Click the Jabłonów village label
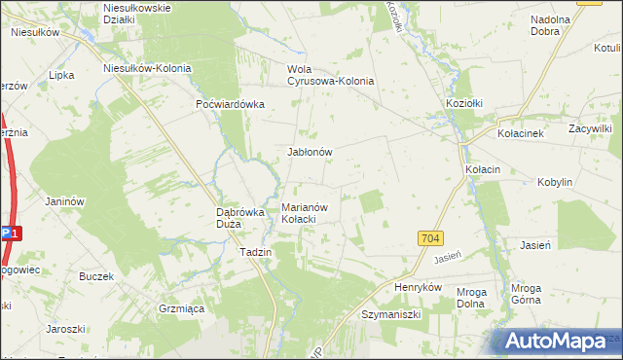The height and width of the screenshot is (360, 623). pyautogui.click(x=311, y=153)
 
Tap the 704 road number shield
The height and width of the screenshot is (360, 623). pyautogui.click(x=430, y=238)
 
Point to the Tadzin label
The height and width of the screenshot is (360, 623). pyautogui.click(x=255, y=251)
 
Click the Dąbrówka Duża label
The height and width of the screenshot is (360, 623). pyautogui.click(x=240, y=218)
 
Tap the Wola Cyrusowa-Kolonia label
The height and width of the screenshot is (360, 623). pyautogui.click(x=330, y=75)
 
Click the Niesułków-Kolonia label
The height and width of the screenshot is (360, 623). pyautogui.click(x=147, y=69)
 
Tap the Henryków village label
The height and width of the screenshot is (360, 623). pyautogui.click(x=419, y=288)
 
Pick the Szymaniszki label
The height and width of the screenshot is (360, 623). pyautogui.click(x=390, y=314)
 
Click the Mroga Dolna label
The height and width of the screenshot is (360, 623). pyautogui.click(x=472, y=297)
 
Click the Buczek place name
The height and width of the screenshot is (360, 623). pyautogui.click(x=97, y=276)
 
